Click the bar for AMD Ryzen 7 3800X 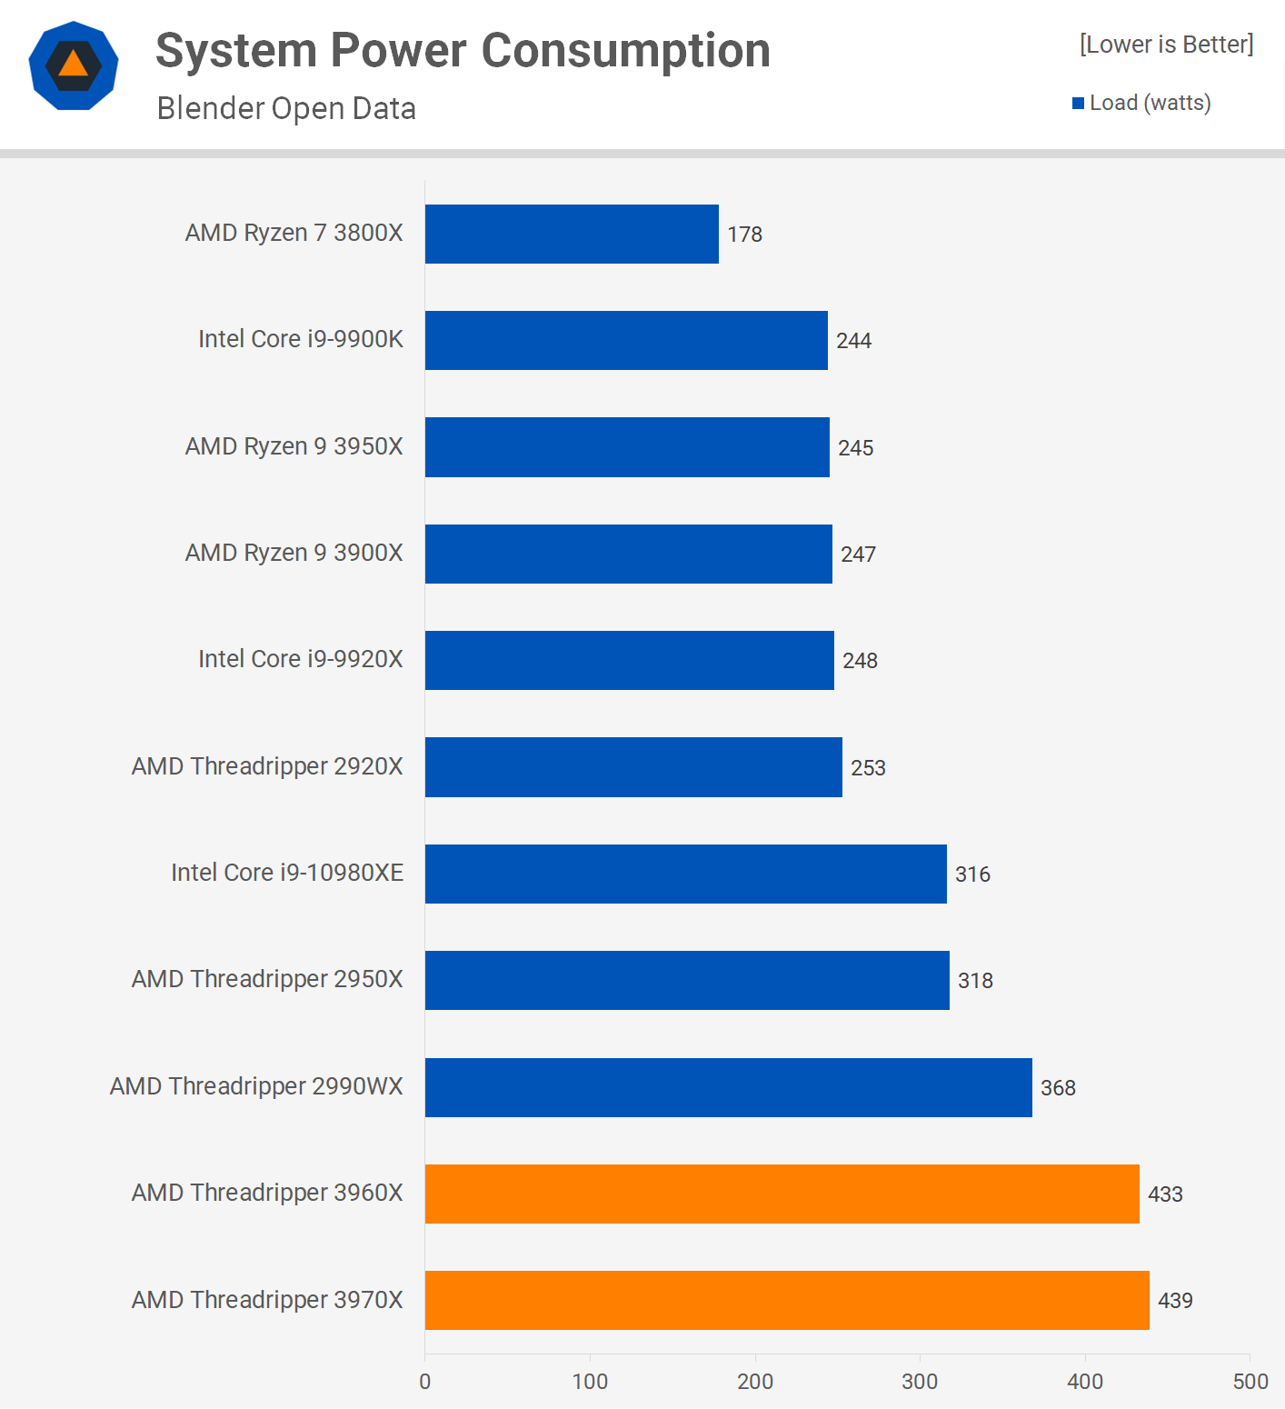click(x=572, y=234)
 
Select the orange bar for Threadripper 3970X click(x=787, y=1300)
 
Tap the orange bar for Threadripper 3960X click(x=782, y=1194)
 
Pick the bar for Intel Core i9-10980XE click(x=685, y=874)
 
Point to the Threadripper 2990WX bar click(x=728, y=1087)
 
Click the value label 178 click(x=745, y=235)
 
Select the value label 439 click(x=1175, y=1301)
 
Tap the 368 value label click(x=1058, y=1088)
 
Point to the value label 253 click(x=868, y=768)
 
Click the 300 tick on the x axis click(x=920, y=1382)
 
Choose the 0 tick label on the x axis click(x=425, y=1382)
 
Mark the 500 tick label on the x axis click(x=1250, y=1382)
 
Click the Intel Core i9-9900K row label click(x=301, y=339)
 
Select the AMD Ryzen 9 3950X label click(x=294, y=446)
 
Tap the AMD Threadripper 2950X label click(x=267, y=979)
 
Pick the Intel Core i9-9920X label click(x=301, y=659)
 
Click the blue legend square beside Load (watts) click(x=1079, y=104)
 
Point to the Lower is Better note click(x=1166, y=45)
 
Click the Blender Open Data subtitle click(x=286, y=108)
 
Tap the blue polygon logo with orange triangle click(x=74, y=65)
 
